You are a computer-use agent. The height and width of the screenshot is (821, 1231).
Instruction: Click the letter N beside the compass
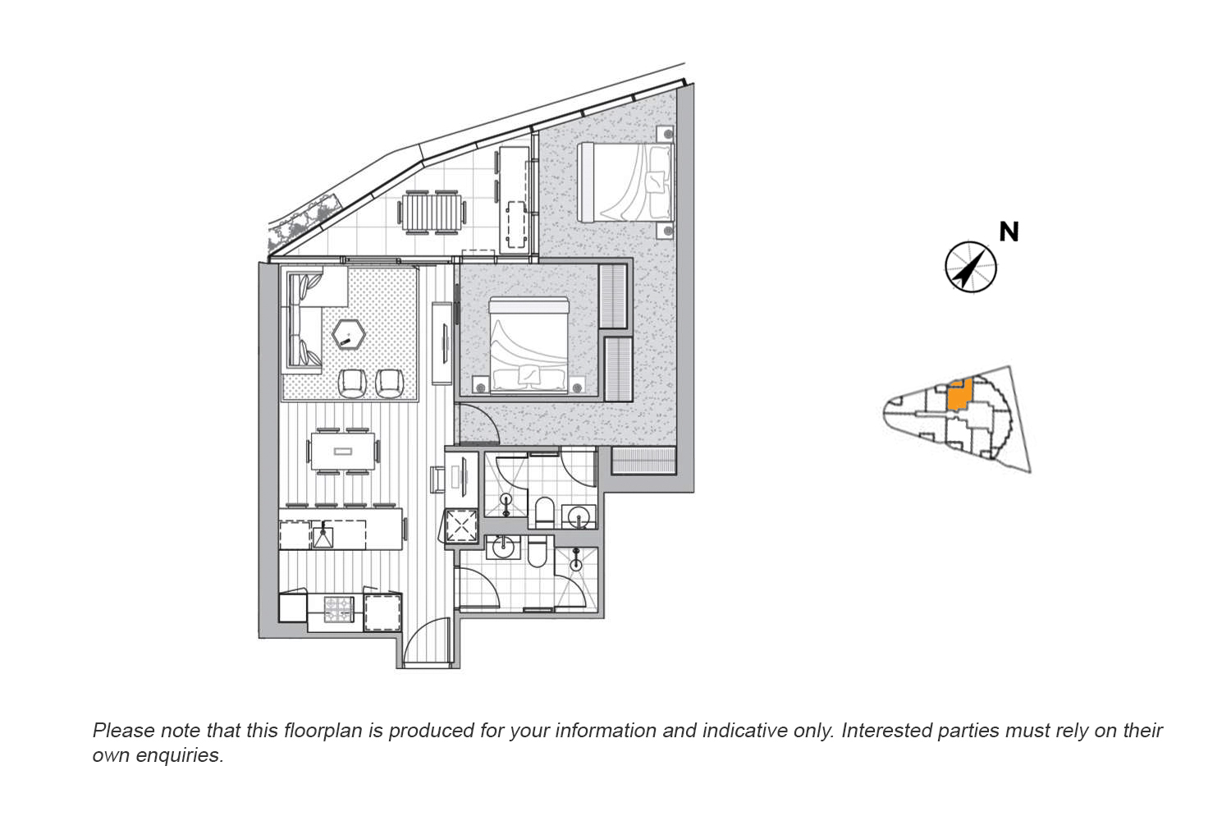(x=1009, y=232)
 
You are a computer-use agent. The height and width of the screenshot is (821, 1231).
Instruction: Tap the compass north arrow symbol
(x=971, y=267)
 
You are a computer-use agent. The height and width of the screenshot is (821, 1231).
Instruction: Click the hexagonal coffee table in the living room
(x=348, y=333)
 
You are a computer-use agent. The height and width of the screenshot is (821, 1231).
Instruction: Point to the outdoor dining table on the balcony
(x=432, y=212)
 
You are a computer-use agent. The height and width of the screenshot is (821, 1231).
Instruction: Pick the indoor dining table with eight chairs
(x=343, y=451)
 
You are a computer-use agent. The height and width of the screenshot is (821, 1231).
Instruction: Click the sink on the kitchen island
(x=323, y=536)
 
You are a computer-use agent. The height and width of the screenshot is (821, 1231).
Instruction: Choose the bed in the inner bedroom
(x=529, y=343)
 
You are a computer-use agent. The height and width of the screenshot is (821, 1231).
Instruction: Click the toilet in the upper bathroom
(x=543, y=511)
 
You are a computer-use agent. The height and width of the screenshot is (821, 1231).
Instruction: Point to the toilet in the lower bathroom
(x=537, y=552)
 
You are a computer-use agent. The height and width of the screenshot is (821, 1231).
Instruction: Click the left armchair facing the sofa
(x=353, y=383)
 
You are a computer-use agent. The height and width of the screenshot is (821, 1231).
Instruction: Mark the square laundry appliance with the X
(x=460, y=525)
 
